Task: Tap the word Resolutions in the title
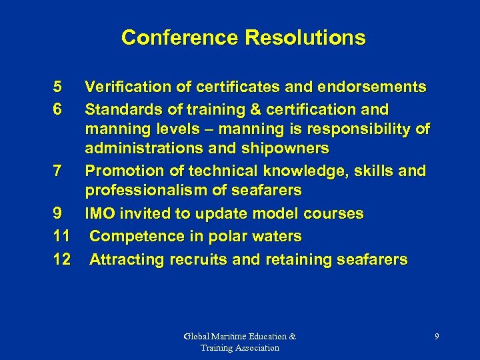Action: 305,37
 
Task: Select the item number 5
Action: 57,87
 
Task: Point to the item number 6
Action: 57,108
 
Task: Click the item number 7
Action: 57,171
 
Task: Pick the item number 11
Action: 61,236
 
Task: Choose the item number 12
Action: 61,259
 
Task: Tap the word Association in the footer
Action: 256,348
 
